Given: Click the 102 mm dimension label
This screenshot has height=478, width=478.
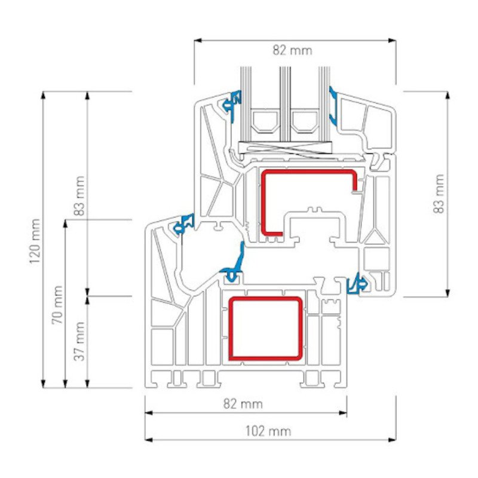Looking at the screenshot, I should point(268,431).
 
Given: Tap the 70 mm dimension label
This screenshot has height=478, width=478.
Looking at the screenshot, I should point(57,305).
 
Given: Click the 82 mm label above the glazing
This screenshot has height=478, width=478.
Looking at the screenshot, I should point(293,50).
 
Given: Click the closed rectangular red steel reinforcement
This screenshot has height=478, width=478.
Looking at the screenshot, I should point(266,328).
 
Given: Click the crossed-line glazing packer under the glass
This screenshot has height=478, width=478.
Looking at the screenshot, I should point(286,148).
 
